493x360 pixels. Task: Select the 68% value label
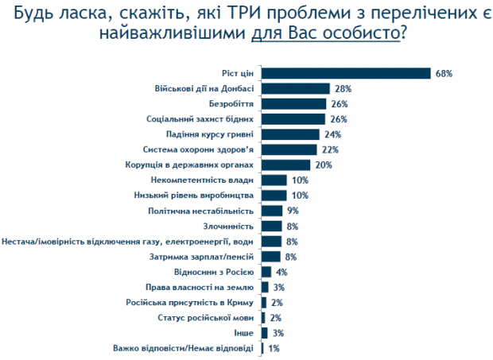pyautogui.click(x=444, y=73)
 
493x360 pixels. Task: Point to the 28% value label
pyautogui.click(x=343, y=88)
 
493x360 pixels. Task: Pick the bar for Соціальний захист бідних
pyautogui.click(x=293, y=119)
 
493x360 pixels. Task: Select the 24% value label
pyautogui.click(x=333, y=134)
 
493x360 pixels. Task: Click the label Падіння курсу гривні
pyautogui.click(x=214, y=134)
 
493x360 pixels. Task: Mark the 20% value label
pyautogui.click(x=323, y=165)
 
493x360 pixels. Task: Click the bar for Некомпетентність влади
pyautogui.click(x=274, y=180)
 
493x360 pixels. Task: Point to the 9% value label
pyautogui.click(x=293, y=211)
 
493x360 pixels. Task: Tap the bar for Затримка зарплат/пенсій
pyautogui.click(x=271, y=256)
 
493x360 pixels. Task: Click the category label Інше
pyautogui.click(x=246, y=332)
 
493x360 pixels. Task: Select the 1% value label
pyautogui.click(x=274, y=348)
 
